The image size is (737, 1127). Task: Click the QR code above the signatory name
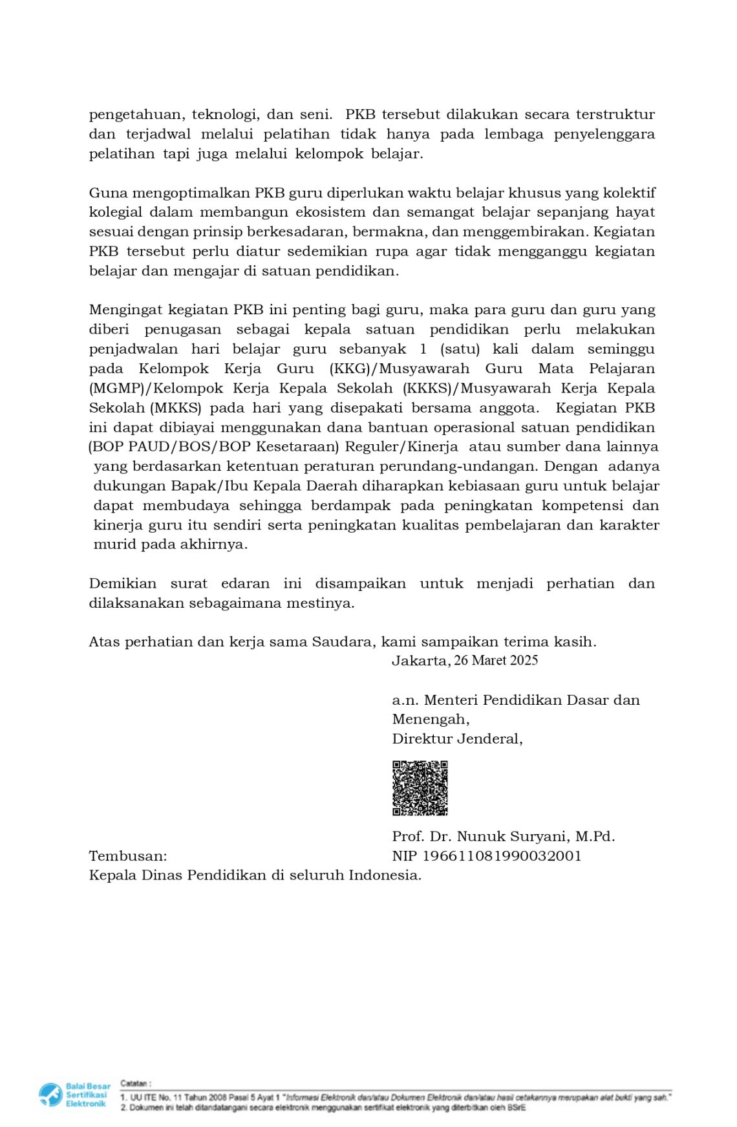tap(420, 788)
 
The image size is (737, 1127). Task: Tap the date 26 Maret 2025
tap(496, 660)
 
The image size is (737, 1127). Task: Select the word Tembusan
tap(127, 855)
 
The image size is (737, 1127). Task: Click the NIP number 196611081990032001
tap(502, 855)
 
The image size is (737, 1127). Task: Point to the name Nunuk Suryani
tap(513, 836)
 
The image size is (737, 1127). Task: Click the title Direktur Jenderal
tap(457, 738)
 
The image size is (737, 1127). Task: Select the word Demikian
tap(122, 583)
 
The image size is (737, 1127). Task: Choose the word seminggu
tap(621, 349)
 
